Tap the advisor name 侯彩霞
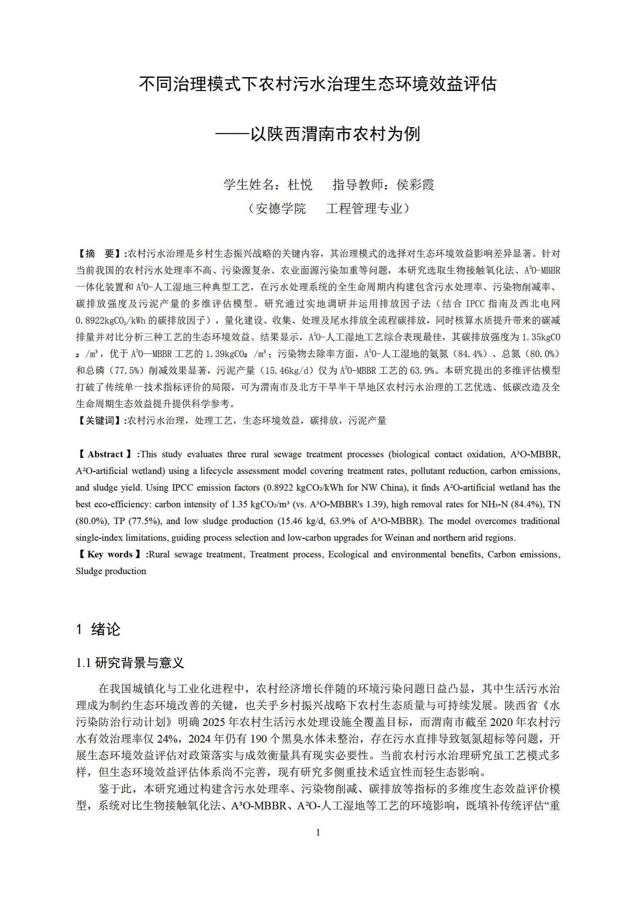415,185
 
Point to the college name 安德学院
280,208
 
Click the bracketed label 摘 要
100,254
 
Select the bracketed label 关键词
100,421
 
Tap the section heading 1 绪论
98,629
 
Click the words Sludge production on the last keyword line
111,571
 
